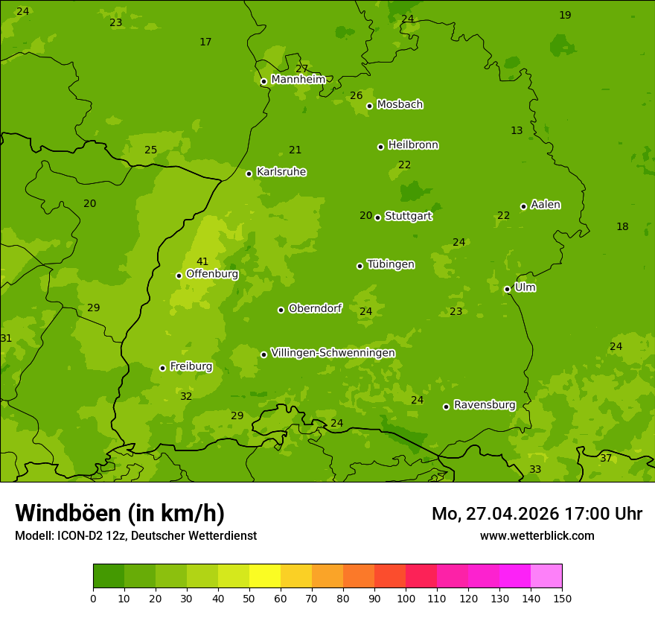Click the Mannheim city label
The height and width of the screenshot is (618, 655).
pyautogui.click(x=298, y=80)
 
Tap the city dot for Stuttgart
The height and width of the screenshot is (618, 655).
pyautogui.click(x=378, y=217)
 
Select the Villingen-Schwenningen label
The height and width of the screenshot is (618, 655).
pyautogui.click(x=333, y=353)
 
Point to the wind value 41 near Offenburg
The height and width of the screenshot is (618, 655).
pyautogui.click(x=202, y=261)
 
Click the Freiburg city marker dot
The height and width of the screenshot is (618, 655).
pyautogui.click(x=162, y=368)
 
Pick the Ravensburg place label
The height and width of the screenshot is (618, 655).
pyautogui.click(x=485, y=405)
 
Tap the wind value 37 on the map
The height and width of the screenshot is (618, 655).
pyautogui.click(x=606, y=458)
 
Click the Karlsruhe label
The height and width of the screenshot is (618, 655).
pyautogui.click(x=281, y=172)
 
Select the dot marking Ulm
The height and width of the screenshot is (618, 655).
pyautogui.click(x=508, y=289)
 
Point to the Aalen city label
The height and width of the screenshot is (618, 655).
pyautogui.click(x=546, y=205)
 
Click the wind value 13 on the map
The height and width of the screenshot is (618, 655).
pyautogui.click(x=517, y=130)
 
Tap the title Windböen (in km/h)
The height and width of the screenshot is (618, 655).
pyautogui.click(x=120, y=513)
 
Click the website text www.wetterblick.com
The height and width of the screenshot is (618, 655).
pyautogui.click(x=537, y=535)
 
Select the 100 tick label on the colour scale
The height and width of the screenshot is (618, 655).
pyautogui.click(x=406, y=598)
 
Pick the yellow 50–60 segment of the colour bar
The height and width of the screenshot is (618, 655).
pyautogui.click(x=265, y=576)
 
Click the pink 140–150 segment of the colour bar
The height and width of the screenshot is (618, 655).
pyautogui.click(x=546, y=576)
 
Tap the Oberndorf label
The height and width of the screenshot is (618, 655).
pyautogui.click(x=315, y=308)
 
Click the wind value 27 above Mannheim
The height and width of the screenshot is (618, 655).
pyautogui.click(x=301, y=69)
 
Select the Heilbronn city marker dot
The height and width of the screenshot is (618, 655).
pyautogui.click(x=381, y=147)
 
